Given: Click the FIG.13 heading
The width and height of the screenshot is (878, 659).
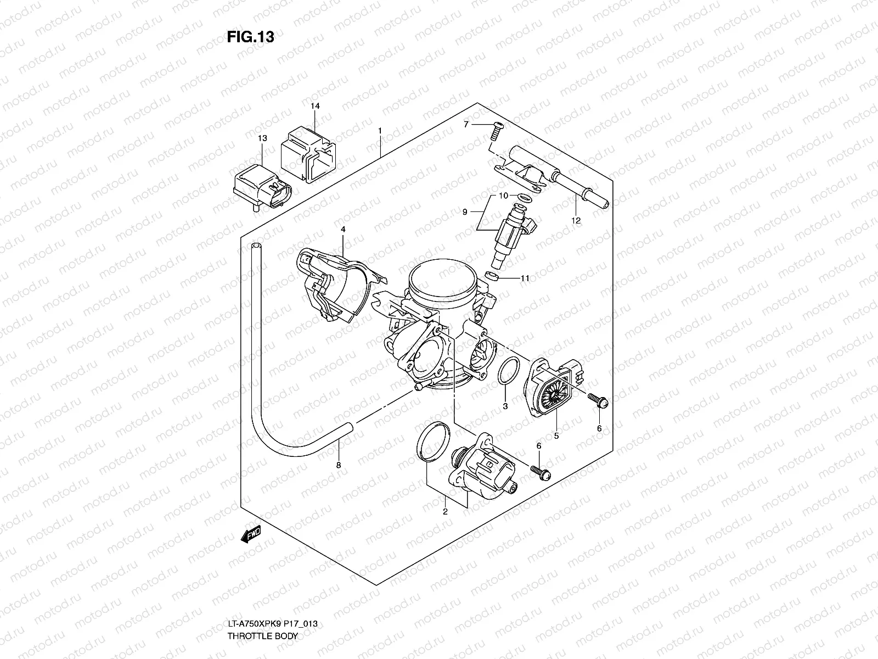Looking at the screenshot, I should coord(250,37).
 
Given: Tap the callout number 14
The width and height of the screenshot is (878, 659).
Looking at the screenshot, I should coord(315,105).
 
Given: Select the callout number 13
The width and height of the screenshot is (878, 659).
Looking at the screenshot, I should coord(262,139).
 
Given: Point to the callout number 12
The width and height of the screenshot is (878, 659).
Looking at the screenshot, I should coord(576,221).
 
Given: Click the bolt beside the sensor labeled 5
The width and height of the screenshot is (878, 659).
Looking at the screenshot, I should coord(595,399).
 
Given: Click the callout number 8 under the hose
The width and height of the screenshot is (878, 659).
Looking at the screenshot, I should coord(339,465).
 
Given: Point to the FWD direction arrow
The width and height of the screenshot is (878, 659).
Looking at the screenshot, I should coord(251,535).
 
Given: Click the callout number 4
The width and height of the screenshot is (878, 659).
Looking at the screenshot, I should coord(342,229).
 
